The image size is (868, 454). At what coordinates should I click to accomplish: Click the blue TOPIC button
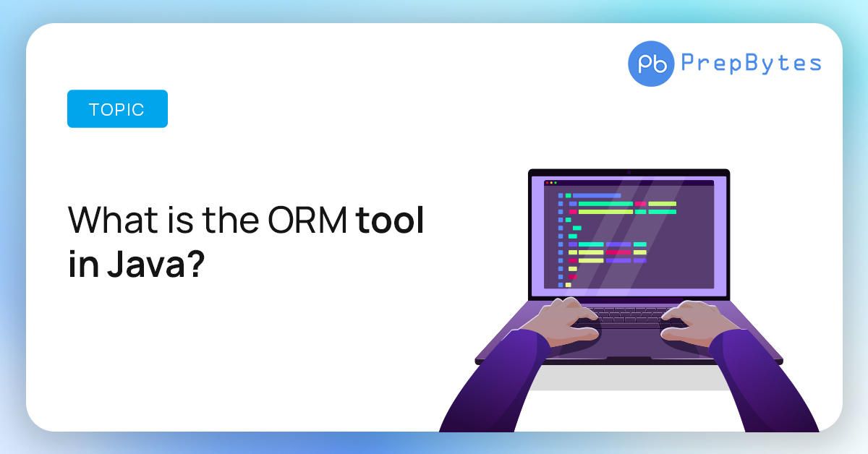click(x=117, y=109)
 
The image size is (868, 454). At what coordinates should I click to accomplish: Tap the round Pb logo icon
click(x=651, y=64)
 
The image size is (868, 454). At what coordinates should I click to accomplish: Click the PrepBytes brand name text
click(x=752, y=63)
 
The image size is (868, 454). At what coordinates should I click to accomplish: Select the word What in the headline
click(x=113, y=220)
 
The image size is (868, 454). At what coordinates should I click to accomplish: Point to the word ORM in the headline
click(x=307, y=220)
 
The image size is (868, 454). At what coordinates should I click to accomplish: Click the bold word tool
click(x=390, y=220)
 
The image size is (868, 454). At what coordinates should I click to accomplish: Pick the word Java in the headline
click(x=146, y=265)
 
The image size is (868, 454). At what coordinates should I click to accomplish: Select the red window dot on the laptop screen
click(x=547, y=183)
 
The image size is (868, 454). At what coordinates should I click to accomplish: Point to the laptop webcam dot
click(x=629, y=173)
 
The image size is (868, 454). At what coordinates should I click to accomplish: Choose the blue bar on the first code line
click(x=597, y=196)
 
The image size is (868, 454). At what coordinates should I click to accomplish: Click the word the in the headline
click(x=231, y=220)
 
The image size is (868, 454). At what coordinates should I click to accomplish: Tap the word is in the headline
click(x=180, y=220)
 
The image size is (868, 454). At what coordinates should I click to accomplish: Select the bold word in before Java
click(x=83, y=264)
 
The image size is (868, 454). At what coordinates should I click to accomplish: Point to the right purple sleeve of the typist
click(x=763, y=383)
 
